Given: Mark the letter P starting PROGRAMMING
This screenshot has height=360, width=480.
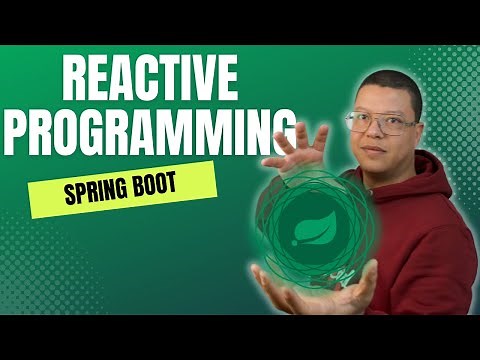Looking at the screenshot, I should (x=33, y=131).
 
